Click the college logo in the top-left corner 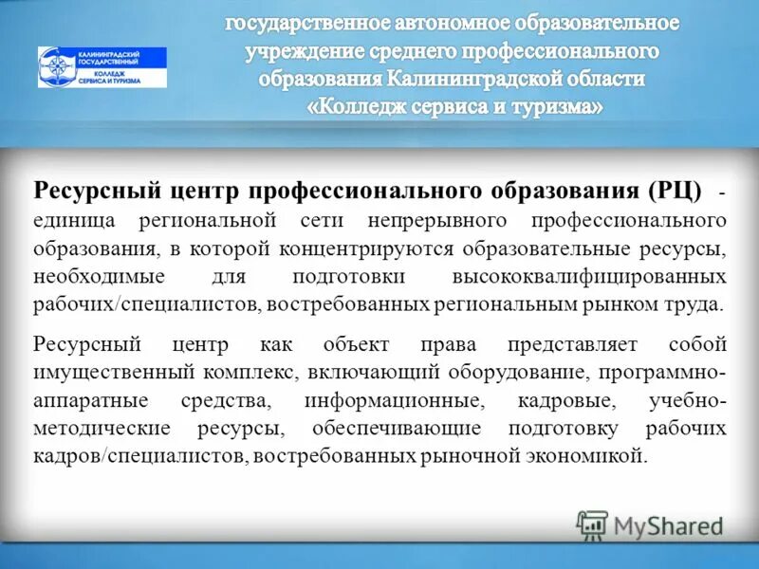[102, 67]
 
